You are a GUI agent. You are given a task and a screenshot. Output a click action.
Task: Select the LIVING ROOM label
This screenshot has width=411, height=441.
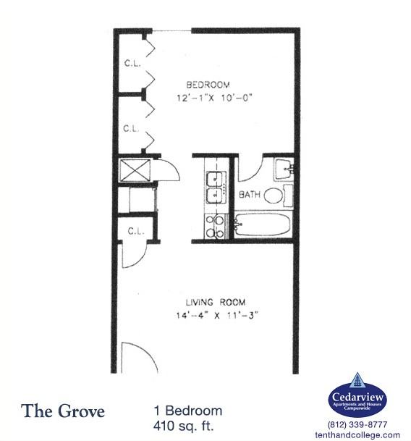tap(216, 302)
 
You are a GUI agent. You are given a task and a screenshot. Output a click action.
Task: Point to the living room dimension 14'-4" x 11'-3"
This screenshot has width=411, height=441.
tap(216, 314)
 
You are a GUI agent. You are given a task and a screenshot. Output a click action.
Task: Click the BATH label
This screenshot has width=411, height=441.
tap(250, 195)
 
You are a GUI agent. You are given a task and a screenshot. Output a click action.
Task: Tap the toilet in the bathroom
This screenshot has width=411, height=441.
tap(273, 195)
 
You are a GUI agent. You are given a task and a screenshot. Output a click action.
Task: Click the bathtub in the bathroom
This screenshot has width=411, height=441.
tap(261, 224)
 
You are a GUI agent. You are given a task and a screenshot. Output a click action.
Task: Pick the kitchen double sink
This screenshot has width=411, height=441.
tap(215, 186)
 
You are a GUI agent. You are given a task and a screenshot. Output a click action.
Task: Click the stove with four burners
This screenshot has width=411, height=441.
tap(215, 225)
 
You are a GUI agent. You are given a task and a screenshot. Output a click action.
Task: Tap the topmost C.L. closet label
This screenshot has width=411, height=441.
tap(131, 62)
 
